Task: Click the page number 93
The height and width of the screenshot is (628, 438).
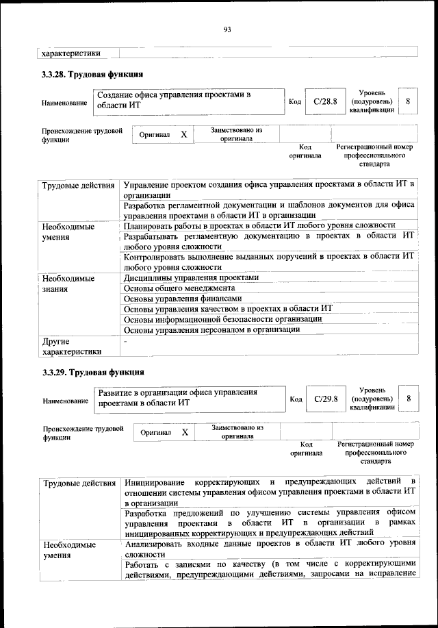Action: [x=228, y=29]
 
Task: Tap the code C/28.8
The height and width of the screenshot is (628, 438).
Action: [x=322, y=102]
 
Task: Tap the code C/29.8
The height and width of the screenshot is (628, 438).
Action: [x=323, y=399]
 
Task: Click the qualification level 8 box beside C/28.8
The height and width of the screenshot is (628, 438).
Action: [x=408, y=101]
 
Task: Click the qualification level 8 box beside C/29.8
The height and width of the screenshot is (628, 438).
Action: [x=409, y=399]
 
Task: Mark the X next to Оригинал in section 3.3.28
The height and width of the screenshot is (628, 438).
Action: [x=183, y=135]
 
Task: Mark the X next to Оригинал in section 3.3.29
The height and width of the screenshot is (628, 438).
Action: [x=185, y=433]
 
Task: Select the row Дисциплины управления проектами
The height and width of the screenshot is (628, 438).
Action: [x=191, y=278]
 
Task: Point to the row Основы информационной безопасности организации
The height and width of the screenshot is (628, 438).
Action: [x=223, y=319]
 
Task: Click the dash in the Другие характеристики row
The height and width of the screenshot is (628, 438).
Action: [x=125, y=340]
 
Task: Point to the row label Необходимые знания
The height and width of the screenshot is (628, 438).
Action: [x=68, y=284]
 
